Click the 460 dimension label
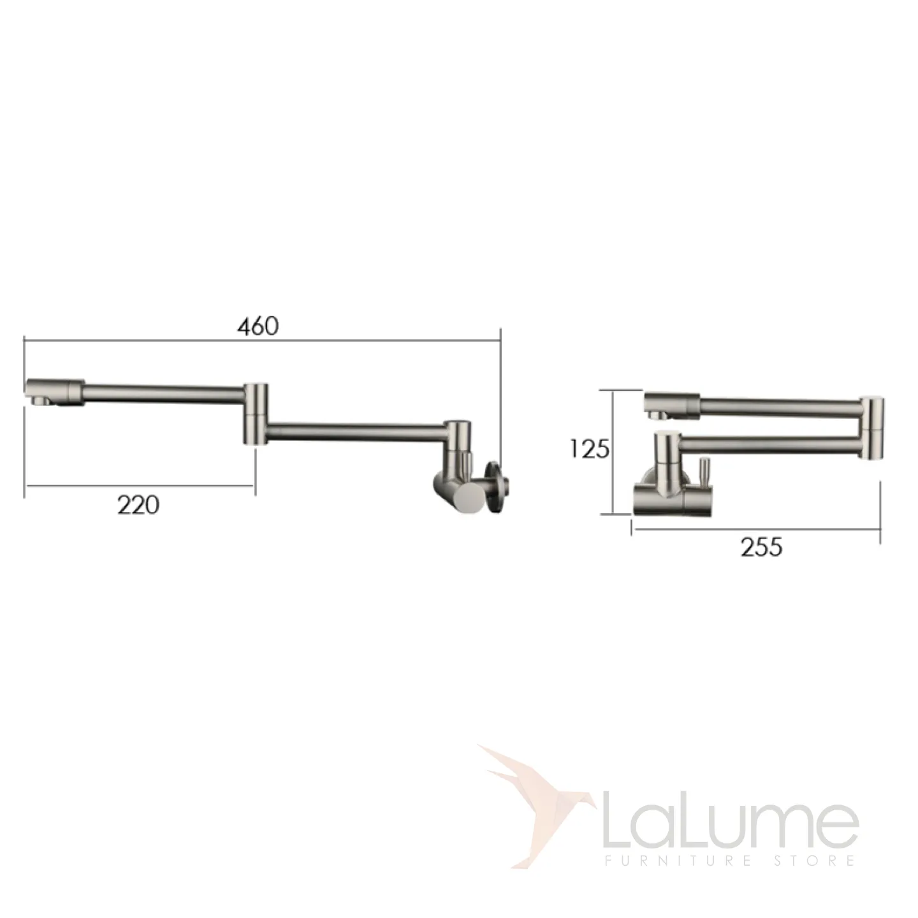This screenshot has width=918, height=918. click(258, 326)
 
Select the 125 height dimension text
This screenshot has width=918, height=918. click(590, 449)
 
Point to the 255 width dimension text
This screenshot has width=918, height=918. click(761, 547)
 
